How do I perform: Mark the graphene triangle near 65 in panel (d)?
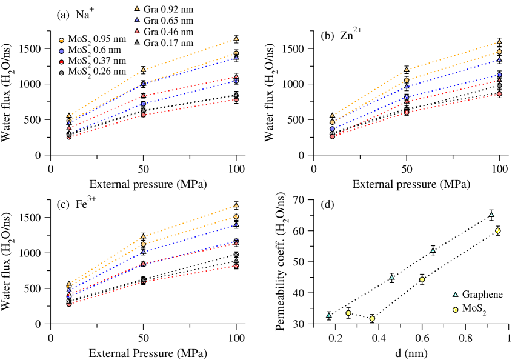tap(491, 214)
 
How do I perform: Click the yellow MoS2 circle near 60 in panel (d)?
tap(497, 231)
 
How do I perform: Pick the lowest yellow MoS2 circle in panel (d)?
tap(372, 318)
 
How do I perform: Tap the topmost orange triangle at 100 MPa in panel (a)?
tap(236, 39)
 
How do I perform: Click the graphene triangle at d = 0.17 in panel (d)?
tap(328, 315)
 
